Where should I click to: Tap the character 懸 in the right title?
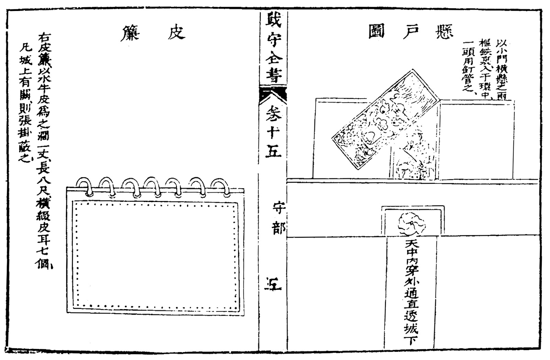444,32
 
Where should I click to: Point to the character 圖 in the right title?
376,32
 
